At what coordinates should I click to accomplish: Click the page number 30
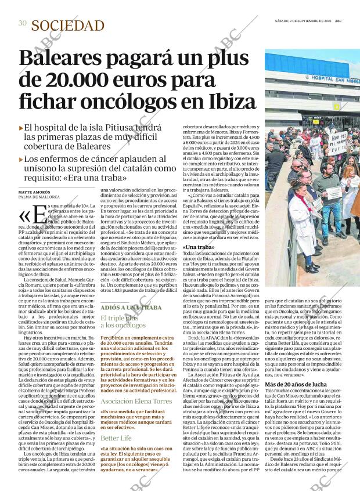22,24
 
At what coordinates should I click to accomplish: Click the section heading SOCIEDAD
68,25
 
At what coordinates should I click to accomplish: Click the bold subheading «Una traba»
198,247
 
